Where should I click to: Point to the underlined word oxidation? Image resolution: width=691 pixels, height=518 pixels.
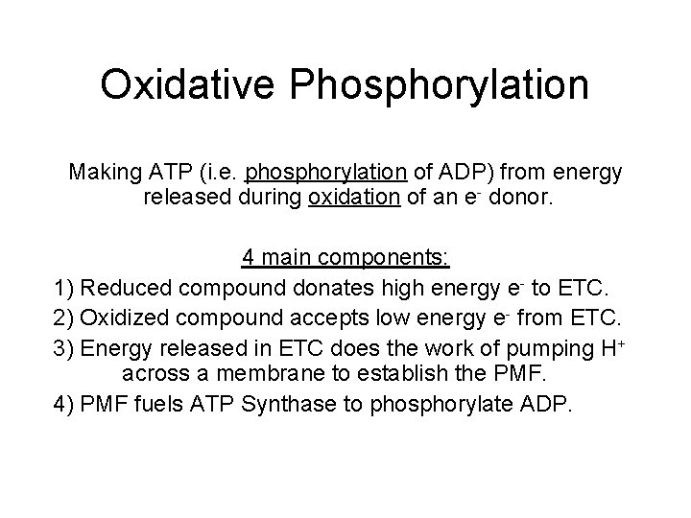point(350,200)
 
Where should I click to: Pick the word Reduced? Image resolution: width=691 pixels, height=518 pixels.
point(125,287)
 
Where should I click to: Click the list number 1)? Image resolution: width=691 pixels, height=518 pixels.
point(65,287)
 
